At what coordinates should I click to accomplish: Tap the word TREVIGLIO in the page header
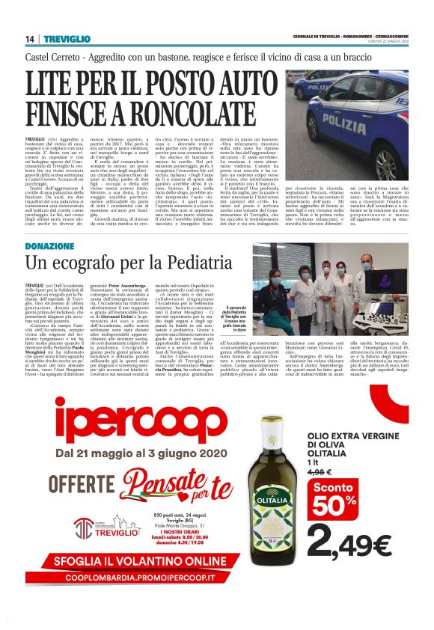point(62,39)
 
